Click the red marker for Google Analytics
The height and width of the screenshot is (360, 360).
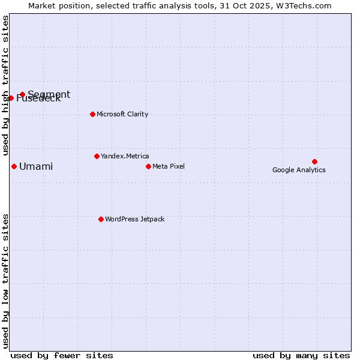(314, 161)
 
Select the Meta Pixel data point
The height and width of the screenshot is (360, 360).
(148, 166)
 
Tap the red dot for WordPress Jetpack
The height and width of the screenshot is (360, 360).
(101, 219)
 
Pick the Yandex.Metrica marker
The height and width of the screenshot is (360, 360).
(97, 156)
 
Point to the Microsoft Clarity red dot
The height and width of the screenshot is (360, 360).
(92, 114)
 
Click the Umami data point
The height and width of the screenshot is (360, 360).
(14, 166)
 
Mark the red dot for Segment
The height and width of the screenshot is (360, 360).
(22, 94)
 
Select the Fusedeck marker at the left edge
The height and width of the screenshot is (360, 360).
(11, 98)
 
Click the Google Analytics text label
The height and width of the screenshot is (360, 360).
(299, 170)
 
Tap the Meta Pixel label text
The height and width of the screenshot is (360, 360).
(169, 166)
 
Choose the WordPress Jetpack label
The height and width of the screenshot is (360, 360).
(134, 219)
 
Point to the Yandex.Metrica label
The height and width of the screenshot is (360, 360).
(125, 156)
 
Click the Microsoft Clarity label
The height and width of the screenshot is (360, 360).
(122, 114)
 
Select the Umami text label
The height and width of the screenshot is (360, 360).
(36, 166)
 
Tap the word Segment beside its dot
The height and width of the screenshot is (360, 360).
(49, 94)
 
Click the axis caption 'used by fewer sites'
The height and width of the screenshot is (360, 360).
(62, 355)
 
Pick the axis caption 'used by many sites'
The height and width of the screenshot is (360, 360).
(301, 355)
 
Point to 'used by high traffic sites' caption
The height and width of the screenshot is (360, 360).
(5, 84)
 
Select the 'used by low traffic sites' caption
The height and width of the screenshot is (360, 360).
(5, 281)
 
